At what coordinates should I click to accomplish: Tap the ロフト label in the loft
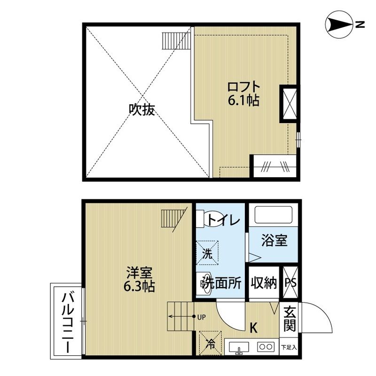[x=243, y=87]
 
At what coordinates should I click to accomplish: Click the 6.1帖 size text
[x=243, y=101]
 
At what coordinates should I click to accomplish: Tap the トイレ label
[x=224, y=219]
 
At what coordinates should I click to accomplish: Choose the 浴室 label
[x=274, y=241]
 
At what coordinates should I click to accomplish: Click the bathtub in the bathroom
[x=274, y=215]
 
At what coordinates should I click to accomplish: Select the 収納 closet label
[x=263, y=283]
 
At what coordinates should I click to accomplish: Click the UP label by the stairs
[x=202, y=316]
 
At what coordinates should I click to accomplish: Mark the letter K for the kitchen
[x=253, y=328]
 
